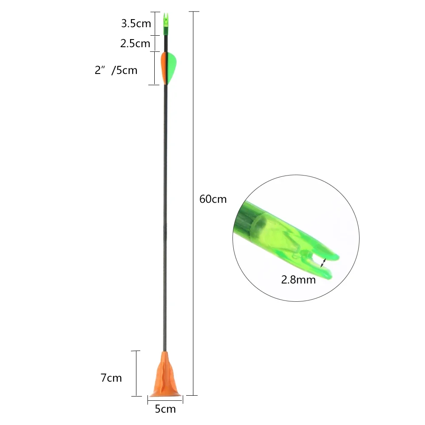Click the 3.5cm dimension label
(136, 23)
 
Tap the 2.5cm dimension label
(135, 43)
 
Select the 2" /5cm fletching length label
(116, 70)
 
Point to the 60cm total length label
(213, 199)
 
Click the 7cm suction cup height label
(111, 377)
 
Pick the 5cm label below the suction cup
(165, 409)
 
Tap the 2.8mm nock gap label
(298, 280)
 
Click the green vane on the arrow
(171, 68)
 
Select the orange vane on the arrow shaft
(163, 68)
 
